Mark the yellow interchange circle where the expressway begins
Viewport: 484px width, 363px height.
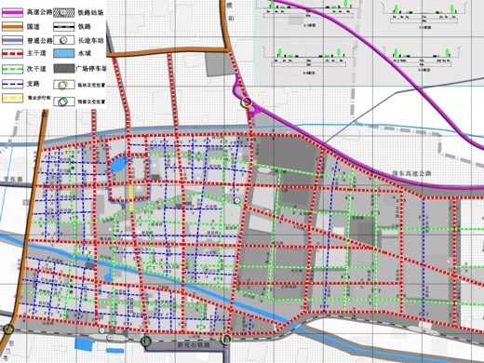point(247,102)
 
